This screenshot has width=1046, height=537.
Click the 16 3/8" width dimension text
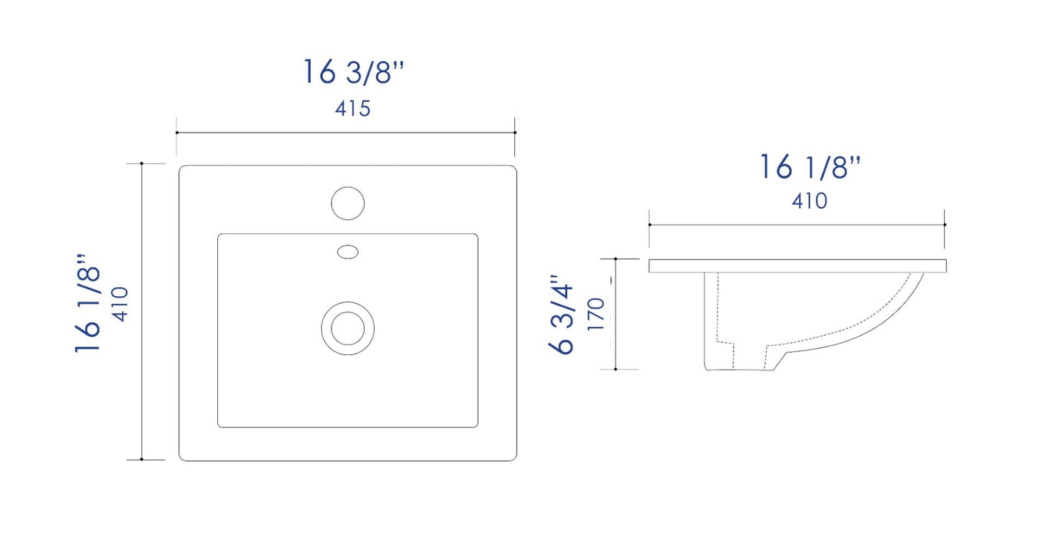click(352, 72)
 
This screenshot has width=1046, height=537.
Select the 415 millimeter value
click(352, 109)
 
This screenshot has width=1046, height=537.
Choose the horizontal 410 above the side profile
click(809, 201)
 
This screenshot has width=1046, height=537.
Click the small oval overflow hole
click(348, 251)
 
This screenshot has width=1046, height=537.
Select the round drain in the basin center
click(347, 328)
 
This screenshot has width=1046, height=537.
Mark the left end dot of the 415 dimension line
click(177, 133)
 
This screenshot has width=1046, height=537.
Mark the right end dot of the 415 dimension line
click(515, 133)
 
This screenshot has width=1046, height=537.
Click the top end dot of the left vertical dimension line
click(142, 163)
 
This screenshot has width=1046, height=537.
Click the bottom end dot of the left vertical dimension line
click(142, 460)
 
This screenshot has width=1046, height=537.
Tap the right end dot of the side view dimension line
click(945, 225)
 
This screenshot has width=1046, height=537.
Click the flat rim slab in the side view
click(797, 266)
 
